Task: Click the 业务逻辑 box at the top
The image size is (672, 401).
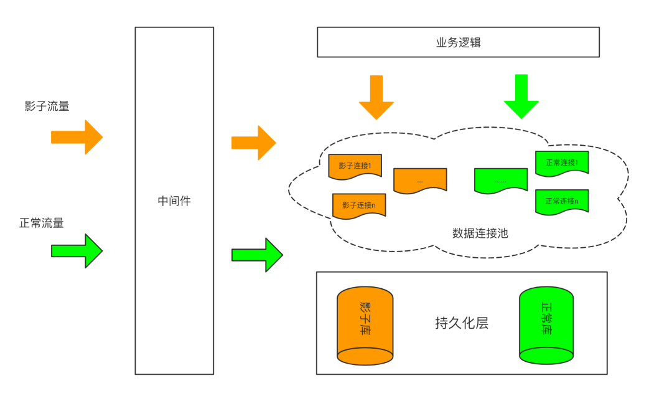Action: tap(458, 42)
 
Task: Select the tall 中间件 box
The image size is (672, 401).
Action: tap(174, 200)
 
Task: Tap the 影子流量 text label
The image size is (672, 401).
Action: tap(47, 106)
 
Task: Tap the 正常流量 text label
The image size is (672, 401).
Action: tap(42, 223)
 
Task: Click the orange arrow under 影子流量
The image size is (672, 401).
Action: tap(77, 137)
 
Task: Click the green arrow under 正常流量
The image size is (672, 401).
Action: tap(77, 251)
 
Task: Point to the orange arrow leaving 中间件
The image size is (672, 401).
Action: tap(254, 143)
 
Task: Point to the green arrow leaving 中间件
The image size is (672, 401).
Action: tap(257, 255)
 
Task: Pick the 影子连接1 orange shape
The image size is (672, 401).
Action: tap(355, 166)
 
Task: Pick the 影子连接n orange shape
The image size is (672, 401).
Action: tap(359, 205)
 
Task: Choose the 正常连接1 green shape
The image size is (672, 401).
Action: tap(562, 163)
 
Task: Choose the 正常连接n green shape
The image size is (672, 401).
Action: tap(562, 202)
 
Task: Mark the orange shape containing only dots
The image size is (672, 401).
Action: tap(420, 181)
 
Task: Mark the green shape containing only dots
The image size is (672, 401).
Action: tap(501, 181)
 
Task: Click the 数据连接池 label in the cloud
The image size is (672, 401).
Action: tap(480, 234)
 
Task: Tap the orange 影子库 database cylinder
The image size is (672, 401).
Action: tap(365, 324)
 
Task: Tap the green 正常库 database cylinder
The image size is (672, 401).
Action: tap(546, 324)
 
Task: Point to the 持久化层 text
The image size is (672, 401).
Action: tap(461, 324)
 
